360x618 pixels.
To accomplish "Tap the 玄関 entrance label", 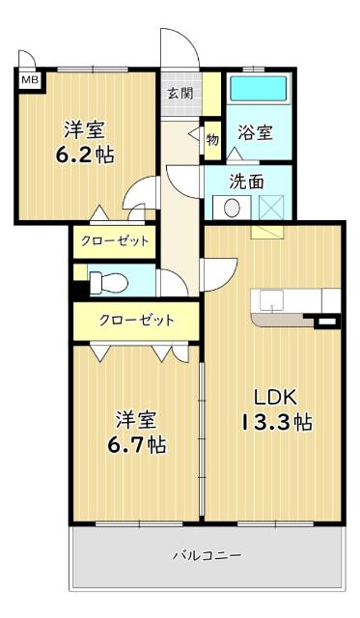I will (x=179, y=94).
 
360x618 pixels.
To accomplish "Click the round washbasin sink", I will (x=232, y=206).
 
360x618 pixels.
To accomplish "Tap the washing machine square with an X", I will (x=269, y=206).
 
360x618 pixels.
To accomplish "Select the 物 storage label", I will (x=212, y=138).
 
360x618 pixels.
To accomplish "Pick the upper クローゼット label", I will (x=115, y=240).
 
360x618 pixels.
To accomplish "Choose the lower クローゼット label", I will (x=135, y=320).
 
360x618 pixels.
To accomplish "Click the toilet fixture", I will (x=106, y=282).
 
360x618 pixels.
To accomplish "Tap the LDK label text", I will (x=273, y=397).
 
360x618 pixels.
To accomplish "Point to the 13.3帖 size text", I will (x=273, y=423).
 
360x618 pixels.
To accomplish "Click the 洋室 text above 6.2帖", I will (x=86, y=128).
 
